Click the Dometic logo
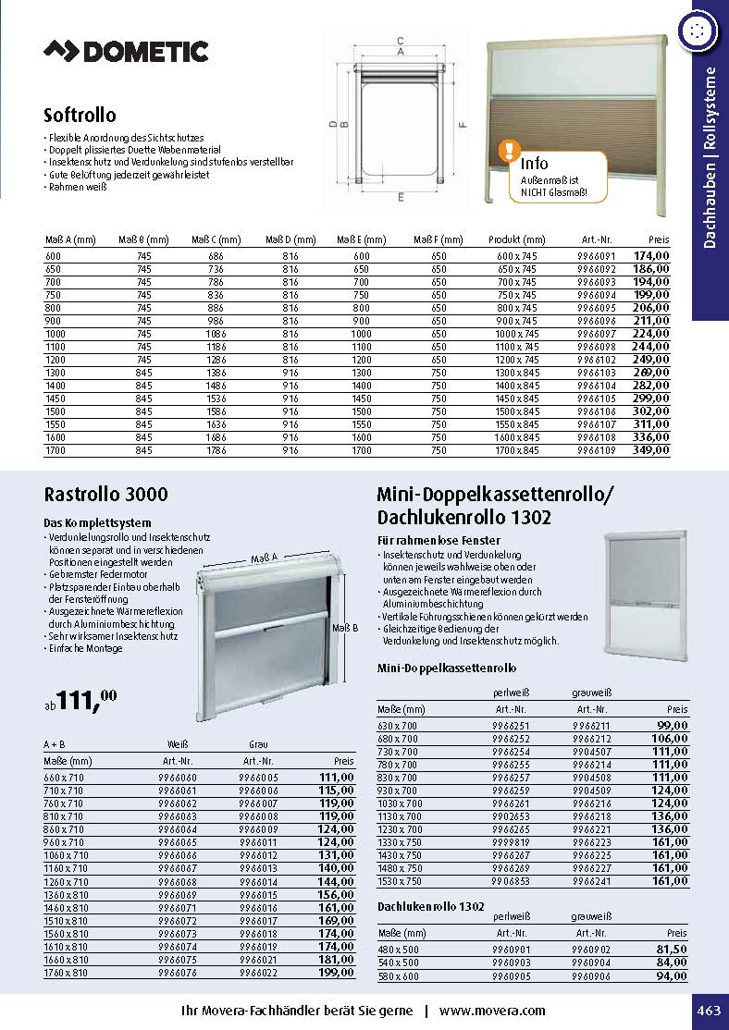pyautogui.click(x=126, y=52)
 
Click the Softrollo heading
pyautogui.click(x=80, y=116)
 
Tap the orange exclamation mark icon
pyautogui.click(x=508, y=150)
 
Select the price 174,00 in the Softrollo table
pyautogui.click(x=650, y=255)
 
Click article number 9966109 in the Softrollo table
pyautogui.click(x=595, y=450)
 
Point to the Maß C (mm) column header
pyautogui.click(x=215, y=239)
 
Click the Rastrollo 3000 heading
pyautogui.click(x=106, y=495)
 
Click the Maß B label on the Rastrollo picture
pyautogui.click(x=344, y=629)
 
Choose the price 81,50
pyautogui.click(x=672, y=950)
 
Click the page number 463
pyautogui.click(x=708, y=1011)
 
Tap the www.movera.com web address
pyautogui.click(x=492, y=1011)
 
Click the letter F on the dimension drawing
pyautogui.click(x=462, y=124)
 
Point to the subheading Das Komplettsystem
pyautogui.click(x=98, y=523)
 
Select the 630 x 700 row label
pyautogui.click(x=398, y=727)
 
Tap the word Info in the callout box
pyautogui.click(x=535, y=164)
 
